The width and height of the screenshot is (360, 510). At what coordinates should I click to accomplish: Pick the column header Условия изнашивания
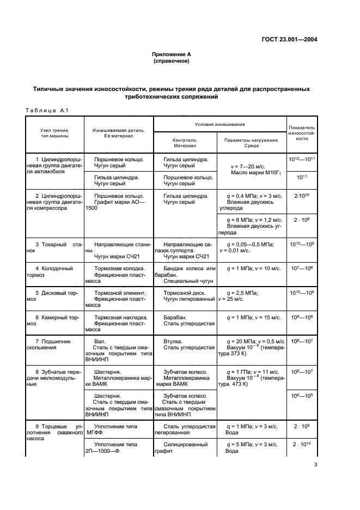[220, 125]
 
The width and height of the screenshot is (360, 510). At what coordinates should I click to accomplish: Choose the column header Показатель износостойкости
[302, 132]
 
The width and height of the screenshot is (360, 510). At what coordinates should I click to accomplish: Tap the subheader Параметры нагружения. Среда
[252, 143]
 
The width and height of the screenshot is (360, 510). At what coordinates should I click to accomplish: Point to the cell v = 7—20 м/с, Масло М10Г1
[252, 169]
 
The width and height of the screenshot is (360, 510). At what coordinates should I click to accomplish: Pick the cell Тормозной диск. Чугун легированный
[185, 296]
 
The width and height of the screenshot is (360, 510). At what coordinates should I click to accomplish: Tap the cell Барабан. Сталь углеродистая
[185, 320]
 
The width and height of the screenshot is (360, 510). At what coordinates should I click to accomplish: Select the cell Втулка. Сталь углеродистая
[185, 344]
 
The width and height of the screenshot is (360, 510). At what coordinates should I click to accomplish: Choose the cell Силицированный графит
[185, 448]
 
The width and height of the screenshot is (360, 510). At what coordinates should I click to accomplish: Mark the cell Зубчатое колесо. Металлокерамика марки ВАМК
[185, 375]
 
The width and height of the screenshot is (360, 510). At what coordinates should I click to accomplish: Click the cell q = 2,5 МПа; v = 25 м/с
[252, 296]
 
